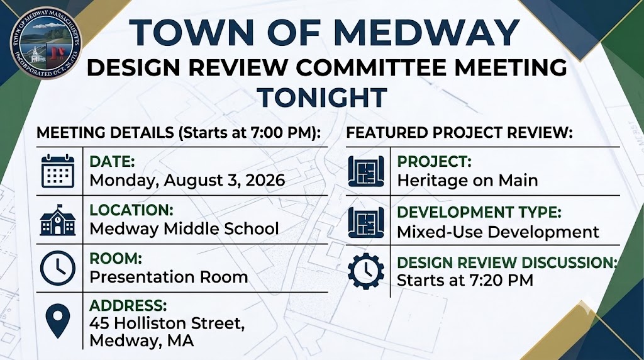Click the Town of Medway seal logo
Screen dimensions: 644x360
coord(46,42)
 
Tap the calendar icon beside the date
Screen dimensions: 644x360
coord(58,171)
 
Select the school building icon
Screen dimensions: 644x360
coord(58,220)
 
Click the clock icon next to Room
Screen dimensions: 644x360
coord(58,268)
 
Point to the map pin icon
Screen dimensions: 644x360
coord(58,321)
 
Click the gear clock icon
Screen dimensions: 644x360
coord(366,271)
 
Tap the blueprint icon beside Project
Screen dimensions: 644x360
coord(366,171)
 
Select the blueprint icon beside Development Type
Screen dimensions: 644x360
coord(366,222)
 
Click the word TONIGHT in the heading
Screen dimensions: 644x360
coord(322,98)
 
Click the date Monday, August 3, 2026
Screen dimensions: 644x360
coord(187,181)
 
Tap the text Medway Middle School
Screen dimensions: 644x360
coord(184,228)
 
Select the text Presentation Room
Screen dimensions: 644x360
coord(169,277)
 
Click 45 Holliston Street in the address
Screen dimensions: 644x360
coord(167,323)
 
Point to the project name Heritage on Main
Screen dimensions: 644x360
coord(467,181)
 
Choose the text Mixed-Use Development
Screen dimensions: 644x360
coord(498,232)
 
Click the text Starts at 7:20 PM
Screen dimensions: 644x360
coord(465,280)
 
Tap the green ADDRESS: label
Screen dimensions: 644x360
coord(128,306)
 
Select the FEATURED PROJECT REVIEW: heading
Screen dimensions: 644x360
coord(460,133)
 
